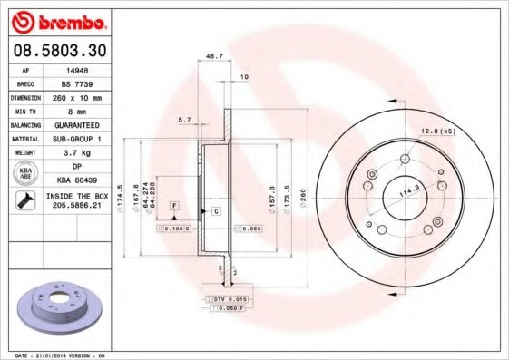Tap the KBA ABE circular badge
tap(25, 172)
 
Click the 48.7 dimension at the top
tap(215, 56)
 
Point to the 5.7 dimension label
tap(184, 120)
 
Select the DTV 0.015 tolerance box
tap(230, 297)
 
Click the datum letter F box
tap(172, 207)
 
